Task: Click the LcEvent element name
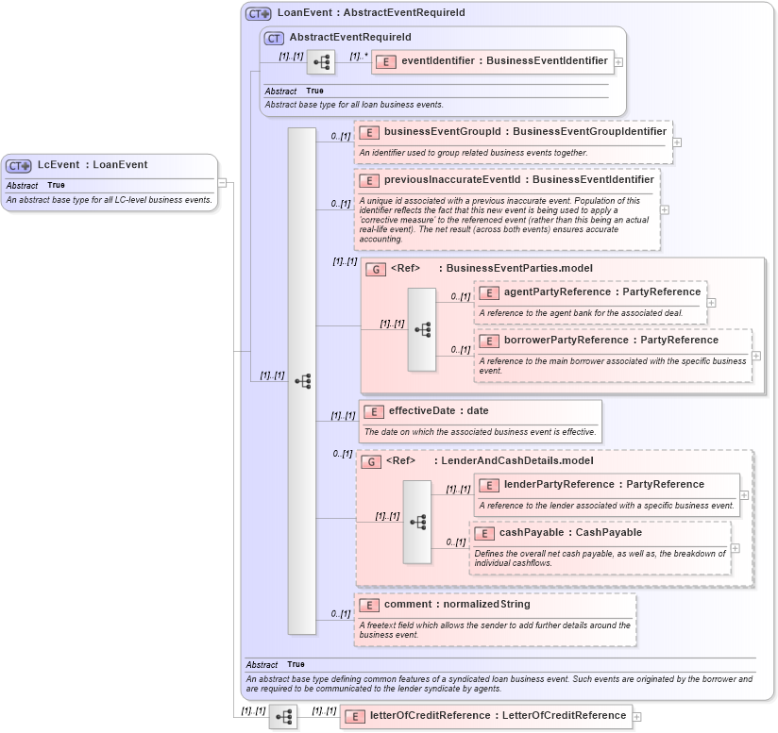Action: pyautogui.click(x=59, y=164)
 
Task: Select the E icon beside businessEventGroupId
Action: pyautogui.click(x=369, y=133)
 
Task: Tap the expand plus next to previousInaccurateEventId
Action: pyautogui.click(x=665, y=210)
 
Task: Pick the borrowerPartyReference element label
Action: pyautogui.click(x=611, y=340)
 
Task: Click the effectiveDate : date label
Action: pyautogui.click(x=438, y=410)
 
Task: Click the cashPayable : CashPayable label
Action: pyautogui.click(x=570, y=532)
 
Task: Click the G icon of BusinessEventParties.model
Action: pyautogui.click(x=375, y=269)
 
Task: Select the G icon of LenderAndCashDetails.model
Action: pyautogui.click(x=371, y=461)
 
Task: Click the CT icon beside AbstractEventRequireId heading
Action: pyautogui.click(x=274, y=38)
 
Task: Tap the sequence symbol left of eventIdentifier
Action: pyautogui.click(x=321, y=62)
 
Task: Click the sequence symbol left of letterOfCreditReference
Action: pyautogui.click(x=283, y=717)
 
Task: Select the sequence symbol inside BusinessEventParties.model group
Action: pyautogui.click(x=422, y=329)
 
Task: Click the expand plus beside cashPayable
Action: pyautogui.click(x=736, y=547)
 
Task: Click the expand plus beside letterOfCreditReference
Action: pyautogui.click(x=636, y=716)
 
